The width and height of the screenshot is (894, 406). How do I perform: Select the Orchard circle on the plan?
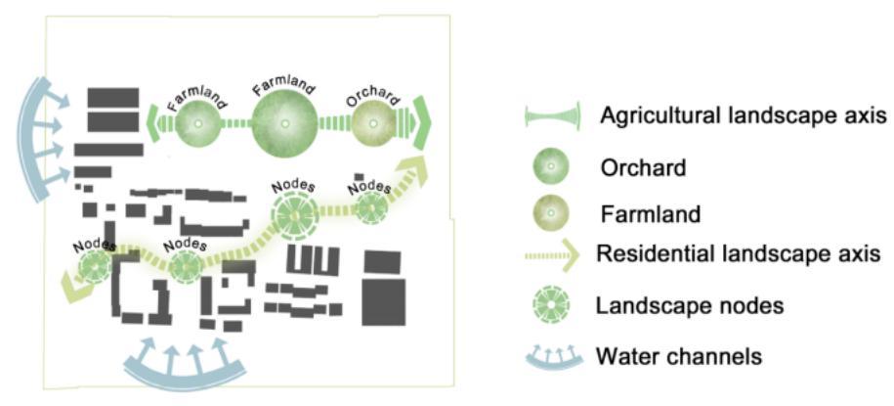point(372,125)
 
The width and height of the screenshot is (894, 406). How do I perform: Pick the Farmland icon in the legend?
point(549,211)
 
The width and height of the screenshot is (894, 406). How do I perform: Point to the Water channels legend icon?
point(550,353)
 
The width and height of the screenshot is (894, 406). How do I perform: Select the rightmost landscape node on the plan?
point(371,206)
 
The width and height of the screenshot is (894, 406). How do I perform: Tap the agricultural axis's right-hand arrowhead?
point(422,124)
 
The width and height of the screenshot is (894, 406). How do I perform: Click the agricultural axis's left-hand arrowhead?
point(154,126)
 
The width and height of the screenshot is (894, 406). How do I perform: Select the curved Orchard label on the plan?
point(372,96)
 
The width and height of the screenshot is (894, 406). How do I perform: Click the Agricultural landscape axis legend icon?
point(550,116)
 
